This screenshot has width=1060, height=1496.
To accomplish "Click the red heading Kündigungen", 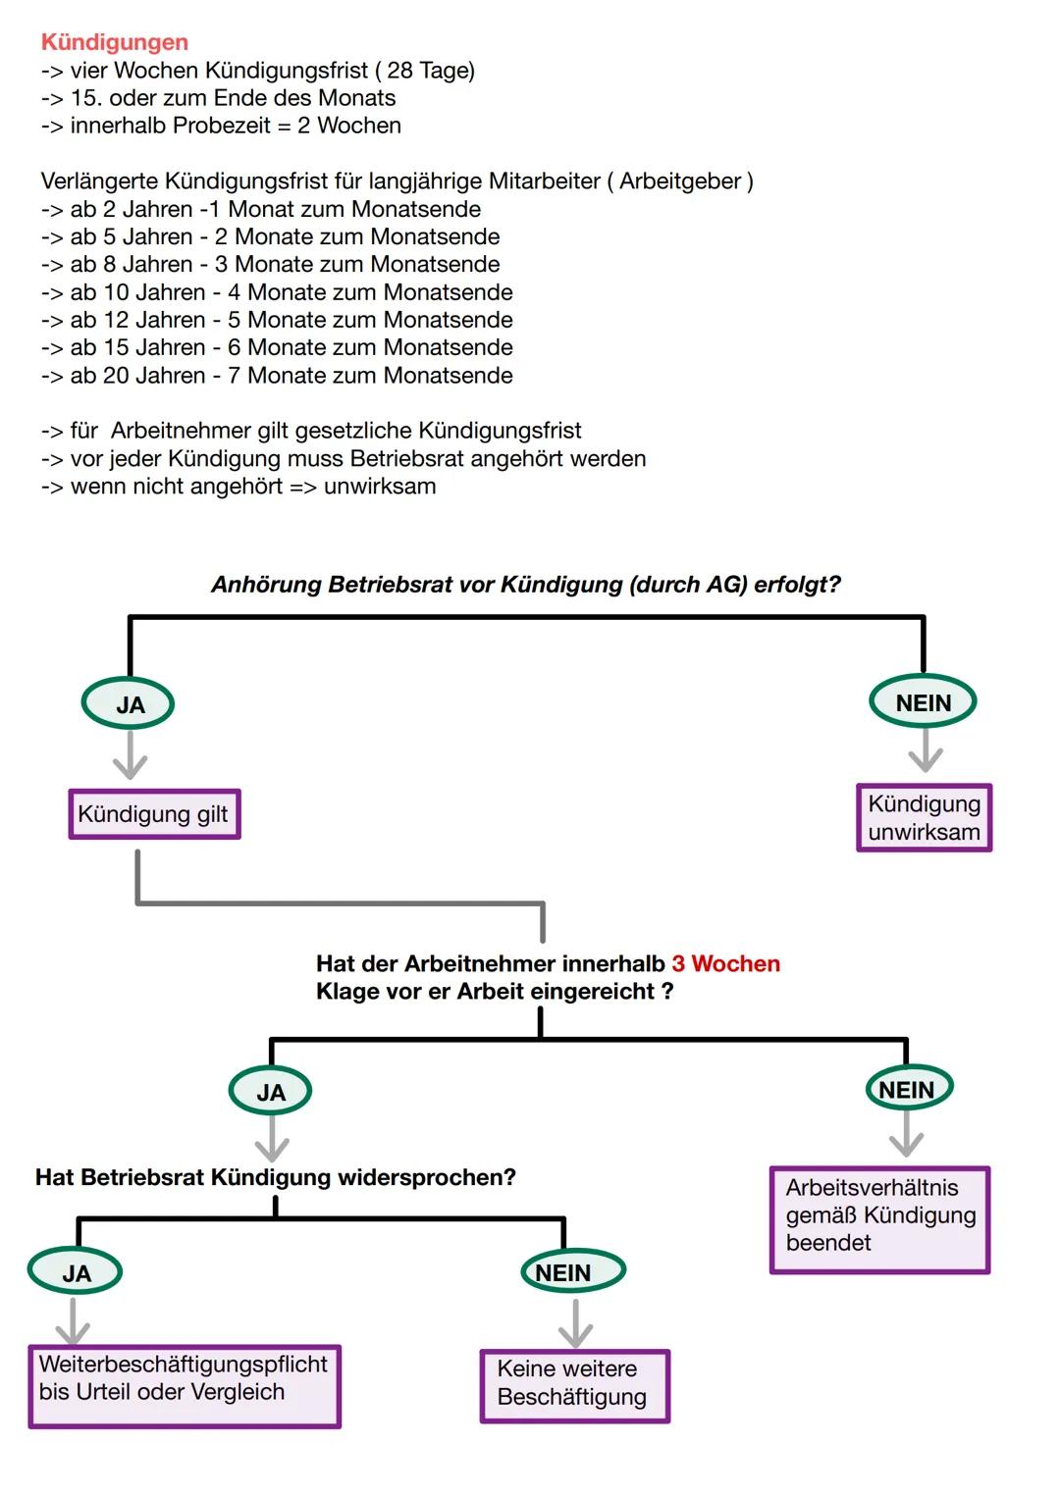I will (115, 42).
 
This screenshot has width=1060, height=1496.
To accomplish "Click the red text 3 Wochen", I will (725, 963).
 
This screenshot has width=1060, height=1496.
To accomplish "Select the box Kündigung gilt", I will (154, 814).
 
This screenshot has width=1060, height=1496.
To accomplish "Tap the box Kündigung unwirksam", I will (924, 817).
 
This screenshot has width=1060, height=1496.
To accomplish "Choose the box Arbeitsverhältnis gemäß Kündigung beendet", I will (879, 1219).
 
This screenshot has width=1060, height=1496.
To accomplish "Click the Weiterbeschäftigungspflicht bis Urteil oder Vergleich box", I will (185, 1385).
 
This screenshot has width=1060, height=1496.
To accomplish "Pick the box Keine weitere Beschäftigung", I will (574, 1385).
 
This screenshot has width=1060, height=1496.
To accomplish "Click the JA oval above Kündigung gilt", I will (129, 704).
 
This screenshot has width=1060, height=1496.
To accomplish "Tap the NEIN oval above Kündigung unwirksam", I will (923, 702).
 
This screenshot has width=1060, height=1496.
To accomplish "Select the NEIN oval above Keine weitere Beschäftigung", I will (571, 1272).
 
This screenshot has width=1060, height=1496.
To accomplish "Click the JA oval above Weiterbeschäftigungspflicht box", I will (76, 1273).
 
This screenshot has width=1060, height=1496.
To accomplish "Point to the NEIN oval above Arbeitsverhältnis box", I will (908, 1090).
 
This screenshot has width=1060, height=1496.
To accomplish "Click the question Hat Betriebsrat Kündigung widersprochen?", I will (275, 1177).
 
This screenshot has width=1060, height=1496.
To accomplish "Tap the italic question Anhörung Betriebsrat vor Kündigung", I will (526, 585).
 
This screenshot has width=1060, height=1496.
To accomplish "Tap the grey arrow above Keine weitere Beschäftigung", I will (575, 1323).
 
